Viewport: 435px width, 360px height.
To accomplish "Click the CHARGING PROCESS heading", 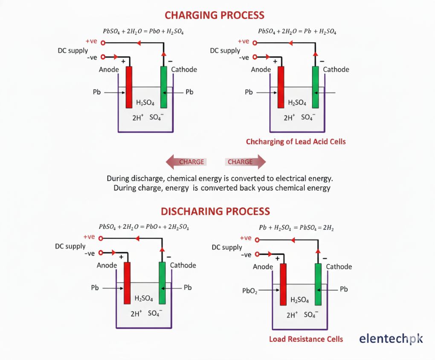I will tap(215, 15).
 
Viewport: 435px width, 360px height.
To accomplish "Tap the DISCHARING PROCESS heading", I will tap(215, 211).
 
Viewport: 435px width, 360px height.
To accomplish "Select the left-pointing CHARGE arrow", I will tap(186, 162).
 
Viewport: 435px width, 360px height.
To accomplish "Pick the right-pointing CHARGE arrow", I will tap(245, 162).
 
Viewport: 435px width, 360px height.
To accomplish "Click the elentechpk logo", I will tap(391, 339).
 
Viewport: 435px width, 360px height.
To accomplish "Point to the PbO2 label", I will tap(249, 291).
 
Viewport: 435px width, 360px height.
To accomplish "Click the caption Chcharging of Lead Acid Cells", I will tap(296, 142).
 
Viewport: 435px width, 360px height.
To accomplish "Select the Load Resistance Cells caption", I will tap(306, 339).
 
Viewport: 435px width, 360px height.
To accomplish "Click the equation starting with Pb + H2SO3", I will tap(296, 228).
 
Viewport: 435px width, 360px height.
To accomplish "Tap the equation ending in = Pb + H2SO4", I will tap(297, 32).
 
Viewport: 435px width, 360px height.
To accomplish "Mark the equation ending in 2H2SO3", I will tap(144, 227).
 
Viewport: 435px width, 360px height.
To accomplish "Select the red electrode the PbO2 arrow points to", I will tap(283, 284).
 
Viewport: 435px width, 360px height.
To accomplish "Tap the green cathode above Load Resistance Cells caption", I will tap(318, 284).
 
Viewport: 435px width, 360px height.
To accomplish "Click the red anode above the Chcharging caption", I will tap(281, 87).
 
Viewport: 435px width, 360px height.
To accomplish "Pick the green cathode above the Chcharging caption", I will tap(316, 87).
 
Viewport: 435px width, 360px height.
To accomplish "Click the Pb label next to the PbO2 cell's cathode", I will tap(344, 289).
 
